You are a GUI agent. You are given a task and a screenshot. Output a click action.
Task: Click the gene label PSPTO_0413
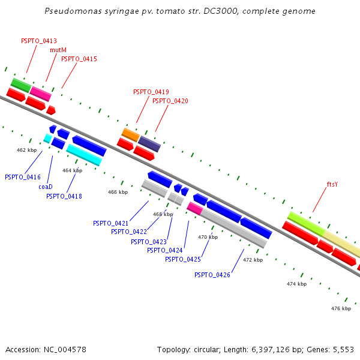39,41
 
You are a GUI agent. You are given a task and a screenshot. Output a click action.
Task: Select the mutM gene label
58,50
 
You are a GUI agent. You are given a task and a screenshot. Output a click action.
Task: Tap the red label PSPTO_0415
79,59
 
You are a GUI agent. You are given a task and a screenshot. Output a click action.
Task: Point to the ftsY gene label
332,184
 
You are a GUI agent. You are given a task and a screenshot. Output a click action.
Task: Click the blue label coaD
46,187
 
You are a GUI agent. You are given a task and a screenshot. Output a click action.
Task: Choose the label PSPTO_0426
212,275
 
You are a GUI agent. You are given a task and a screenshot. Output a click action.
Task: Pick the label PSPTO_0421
110,223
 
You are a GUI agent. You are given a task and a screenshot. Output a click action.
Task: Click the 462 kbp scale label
26,150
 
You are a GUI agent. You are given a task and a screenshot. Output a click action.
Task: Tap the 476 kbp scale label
341,308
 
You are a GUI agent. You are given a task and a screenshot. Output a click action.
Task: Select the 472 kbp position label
253,260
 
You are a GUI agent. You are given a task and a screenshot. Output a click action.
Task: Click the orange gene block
130,135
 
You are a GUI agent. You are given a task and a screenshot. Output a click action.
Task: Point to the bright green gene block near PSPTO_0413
21,85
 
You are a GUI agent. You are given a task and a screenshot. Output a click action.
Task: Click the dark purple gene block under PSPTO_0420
149,144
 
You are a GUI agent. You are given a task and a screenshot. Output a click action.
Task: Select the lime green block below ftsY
306,224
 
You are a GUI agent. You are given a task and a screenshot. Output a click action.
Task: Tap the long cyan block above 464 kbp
84,155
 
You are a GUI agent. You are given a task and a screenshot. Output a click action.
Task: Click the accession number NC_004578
65,350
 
